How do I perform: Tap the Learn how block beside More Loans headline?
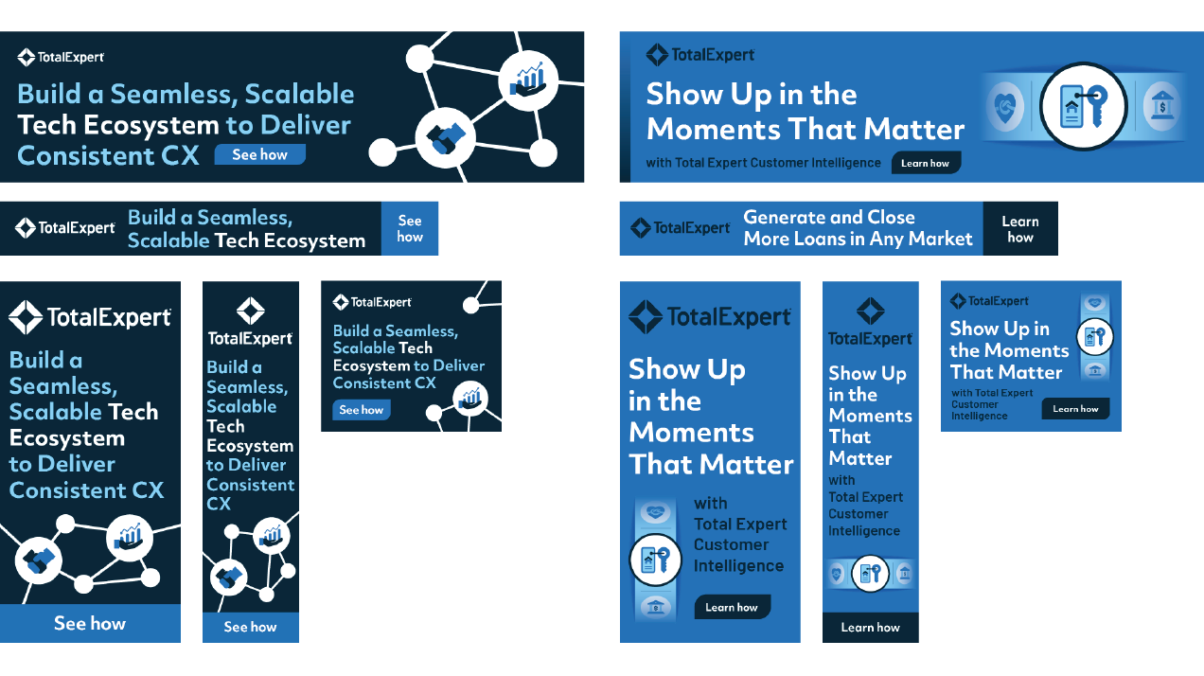[1020, 228]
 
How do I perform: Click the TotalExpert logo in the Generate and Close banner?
[680, 228]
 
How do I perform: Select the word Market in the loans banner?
[940, 239]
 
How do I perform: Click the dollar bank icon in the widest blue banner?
[1161, 106]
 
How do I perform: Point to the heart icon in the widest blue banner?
[1005, 106]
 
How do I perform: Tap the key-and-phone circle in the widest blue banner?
[1083, 106]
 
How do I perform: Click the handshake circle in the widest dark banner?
[445, 137]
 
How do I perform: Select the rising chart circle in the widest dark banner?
[528, 81]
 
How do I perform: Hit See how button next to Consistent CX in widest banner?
[260, 155]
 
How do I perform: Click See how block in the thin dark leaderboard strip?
[410, 228]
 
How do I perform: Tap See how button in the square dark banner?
[362, 410]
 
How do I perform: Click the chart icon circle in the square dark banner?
[470, 399]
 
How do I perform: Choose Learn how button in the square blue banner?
[1075, 409]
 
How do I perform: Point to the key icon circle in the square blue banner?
[1095, 337]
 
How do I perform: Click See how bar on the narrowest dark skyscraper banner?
[251, 627]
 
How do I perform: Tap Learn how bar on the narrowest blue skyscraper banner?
[870, 627]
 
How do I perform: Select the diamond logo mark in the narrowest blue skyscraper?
[870, 311]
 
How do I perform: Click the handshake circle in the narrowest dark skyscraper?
[228, 577]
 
